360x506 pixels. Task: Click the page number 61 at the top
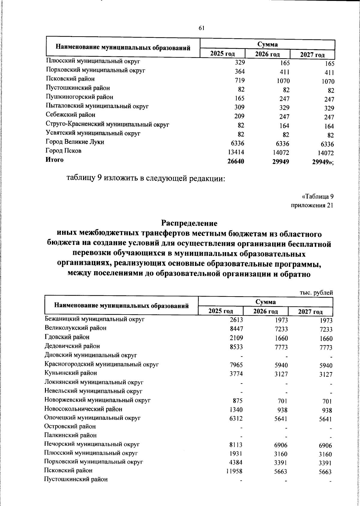click(201, 28)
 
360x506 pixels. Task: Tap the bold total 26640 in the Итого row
click(235, 161)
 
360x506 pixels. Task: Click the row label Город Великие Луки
click(75, 142)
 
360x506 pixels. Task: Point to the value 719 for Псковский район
click(240, 80)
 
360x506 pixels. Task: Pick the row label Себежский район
click(70, 115)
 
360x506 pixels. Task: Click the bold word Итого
click(55, 160)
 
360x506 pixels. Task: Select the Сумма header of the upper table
click(267, 44)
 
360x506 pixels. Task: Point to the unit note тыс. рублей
click(316, 292)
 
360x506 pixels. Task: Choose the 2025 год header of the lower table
click(221, 311)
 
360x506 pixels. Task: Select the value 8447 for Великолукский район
click(236, 329)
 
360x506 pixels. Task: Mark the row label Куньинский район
click(71, 373)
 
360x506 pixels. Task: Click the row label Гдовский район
click(67, 337)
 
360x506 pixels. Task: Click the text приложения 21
click(312, 206)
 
